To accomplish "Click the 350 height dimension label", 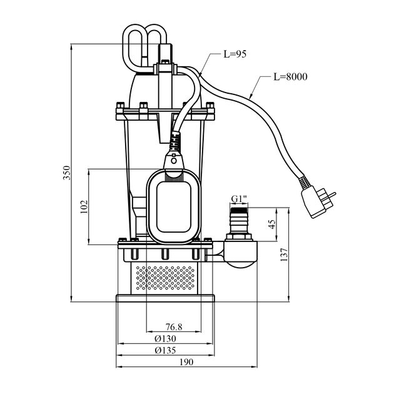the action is pyautogui.click(x=67, y=173).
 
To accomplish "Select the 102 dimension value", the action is pyautogui.click(x=84, y=206).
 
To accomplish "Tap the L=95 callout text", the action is pyautogui.click(x=235, y=54).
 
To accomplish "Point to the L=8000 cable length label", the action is pyautogui.click(x=290, y=77).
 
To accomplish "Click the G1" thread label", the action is pyautogui.click(x=239, y=199).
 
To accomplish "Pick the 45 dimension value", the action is pyautogui.click(x=272, y=224).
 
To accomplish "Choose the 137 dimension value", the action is pyautogui.click(x=284, y=255).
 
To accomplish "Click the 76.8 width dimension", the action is pyautogui.click(x=174, y=327).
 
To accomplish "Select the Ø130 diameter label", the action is pyautogui.click(x=165, y=339).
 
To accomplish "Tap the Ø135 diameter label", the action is pyautogui.click(x=165, y=350).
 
